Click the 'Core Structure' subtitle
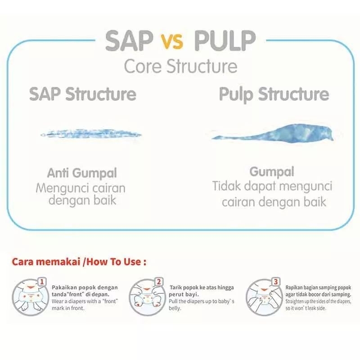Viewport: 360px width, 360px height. tap(180, 66)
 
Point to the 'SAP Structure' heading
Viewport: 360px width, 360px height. tap(83, 94)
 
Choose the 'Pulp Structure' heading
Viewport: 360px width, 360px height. tap(274, 94)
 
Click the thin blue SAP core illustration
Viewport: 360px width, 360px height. tap(91, 134)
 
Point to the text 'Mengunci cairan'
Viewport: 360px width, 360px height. tap(81, 187)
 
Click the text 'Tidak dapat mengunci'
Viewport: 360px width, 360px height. tap(272, 186)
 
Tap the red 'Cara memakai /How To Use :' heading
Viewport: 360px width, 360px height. tap(80, 261)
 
